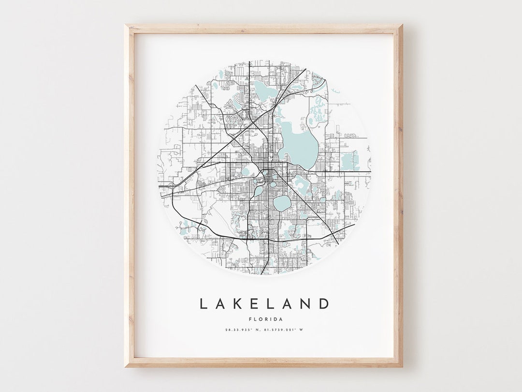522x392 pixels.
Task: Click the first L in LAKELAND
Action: pos(203,304)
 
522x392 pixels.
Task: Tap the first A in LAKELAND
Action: pos(221,304)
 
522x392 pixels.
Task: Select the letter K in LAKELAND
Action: pos(239,304)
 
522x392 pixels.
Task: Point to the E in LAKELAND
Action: pos(256,304)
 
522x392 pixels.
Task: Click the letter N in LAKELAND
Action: pos(307,304)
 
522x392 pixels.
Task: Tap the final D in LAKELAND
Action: pos(325,304)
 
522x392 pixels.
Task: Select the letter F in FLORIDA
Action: pos(250,319)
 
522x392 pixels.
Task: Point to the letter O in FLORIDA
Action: pos(260,319)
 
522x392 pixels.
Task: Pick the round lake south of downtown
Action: pos(282,203)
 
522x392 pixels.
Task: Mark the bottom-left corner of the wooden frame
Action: pos(126,366)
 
